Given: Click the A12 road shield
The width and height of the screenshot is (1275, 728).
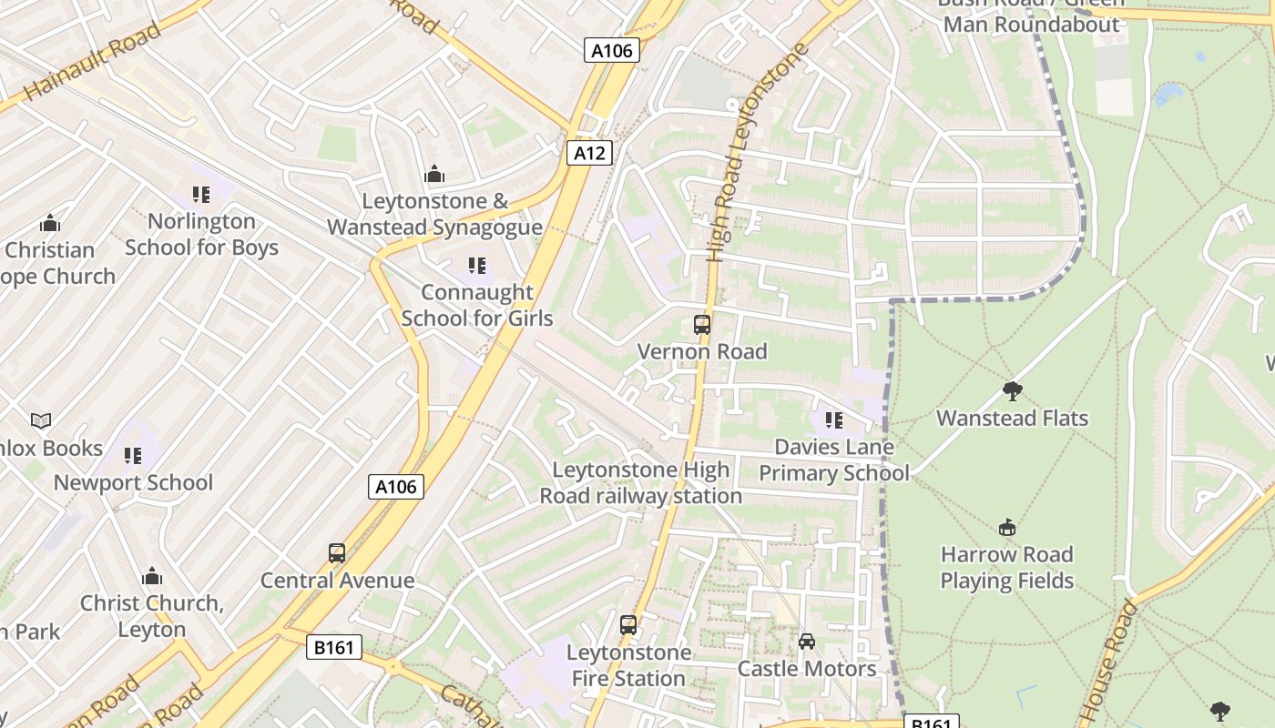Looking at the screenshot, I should tap(589, 153).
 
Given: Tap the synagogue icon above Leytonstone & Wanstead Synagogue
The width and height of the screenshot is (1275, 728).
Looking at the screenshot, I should tap(434, 174).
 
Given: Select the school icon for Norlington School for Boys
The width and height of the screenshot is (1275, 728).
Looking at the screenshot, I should tap(201, 194).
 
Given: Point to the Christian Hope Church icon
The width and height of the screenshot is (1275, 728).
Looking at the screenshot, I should tap(50, 223).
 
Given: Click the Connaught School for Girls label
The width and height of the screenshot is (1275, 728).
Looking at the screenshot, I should tap(477, 305).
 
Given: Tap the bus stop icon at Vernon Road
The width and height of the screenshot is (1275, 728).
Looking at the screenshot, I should tap(702, 324).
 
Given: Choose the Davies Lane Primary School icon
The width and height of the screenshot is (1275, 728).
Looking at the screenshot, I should tap(833, 420).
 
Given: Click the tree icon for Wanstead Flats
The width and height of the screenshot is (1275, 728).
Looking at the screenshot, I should tap(1012, 391).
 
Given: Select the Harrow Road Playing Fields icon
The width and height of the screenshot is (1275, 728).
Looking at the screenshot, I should tap(1007, 527).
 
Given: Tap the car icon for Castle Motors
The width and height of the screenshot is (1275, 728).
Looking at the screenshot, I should tap(807, 642).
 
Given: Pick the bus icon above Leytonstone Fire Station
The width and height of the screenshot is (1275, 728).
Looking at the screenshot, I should tap(628, 625).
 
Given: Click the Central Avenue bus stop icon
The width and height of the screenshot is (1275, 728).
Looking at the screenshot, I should tap(337, 553).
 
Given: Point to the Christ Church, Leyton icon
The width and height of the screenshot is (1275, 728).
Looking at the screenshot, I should tap(152, 576).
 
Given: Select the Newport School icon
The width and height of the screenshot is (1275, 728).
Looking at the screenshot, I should tap(133, 455).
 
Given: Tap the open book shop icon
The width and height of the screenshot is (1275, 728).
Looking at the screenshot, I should tap(41, 420).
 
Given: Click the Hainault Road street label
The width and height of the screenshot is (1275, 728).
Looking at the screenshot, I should tap(92, 61).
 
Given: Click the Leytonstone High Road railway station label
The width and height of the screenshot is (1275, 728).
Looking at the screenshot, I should tap(641, 483).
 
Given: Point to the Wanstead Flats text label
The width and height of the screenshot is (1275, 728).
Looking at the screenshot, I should tap(1012, 419).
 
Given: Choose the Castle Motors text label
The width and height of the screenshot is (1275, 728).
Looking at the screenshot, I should tap(807, 669).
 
